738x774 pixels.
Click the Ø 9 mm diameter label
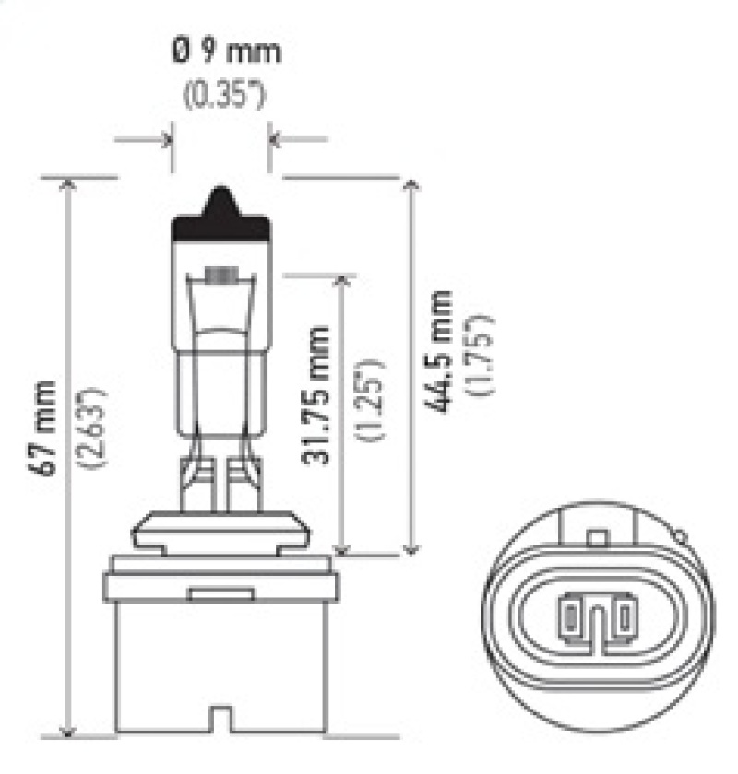point(225,51)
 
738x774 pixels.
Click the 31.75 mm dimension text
point(316,394)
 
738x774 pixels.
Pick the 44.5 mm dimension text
point(442,351)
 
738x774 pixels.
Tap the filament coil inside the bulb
point(220,275)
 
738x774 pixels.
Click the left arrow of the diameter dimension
point(166,140)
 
